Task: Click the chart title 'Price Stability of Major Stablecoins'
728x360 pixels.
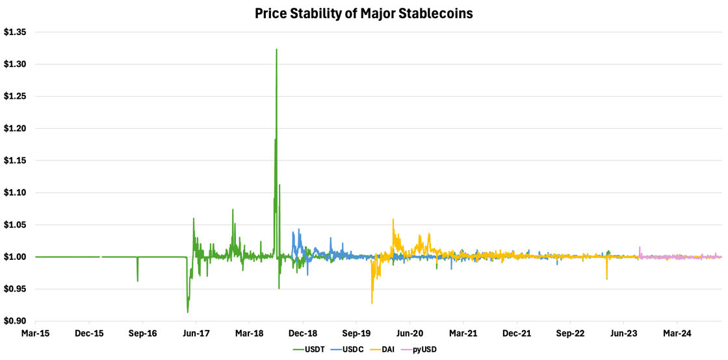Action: pos(363,13)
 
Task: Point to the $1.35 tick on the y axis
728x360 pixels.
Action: pos(16,32)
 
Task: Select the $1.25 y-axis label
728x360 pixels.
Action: pos(16,96)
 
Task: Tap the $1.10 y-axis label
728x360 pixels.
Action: pos(16,192)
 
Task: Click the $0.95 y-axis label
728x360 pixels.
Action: pos(16,289)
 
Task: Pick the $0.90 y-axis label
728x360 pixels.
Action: pos(16,321)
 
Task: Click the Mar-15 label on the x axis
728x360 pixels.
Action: pos(35,333)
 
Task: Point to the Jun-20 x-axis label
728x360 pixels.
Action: pos(409,333)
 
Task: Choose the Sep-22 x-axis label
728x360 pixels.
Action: pos(570,333)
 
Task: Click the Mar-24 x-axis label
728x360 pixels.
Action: pos(677,333)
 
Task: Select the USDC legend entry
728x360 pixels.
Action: pos(348,350)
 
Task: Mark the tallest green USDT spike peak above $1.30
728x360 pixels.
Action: pos(276,49)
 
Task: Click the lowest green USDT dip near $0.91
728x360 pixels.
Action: pos(188,313)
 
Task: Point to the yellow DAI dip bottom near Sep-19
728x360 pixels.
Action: pos(372,303)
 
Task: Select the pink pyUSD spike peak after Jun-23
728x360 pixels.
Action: pos(640,248)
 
